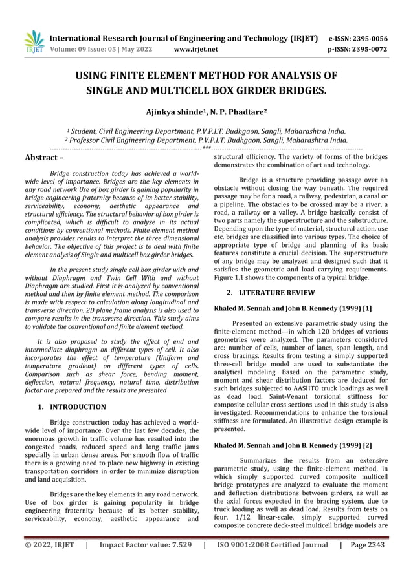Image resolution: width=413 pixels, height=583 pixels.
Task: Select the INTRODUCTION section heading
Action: click(78, 407)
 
